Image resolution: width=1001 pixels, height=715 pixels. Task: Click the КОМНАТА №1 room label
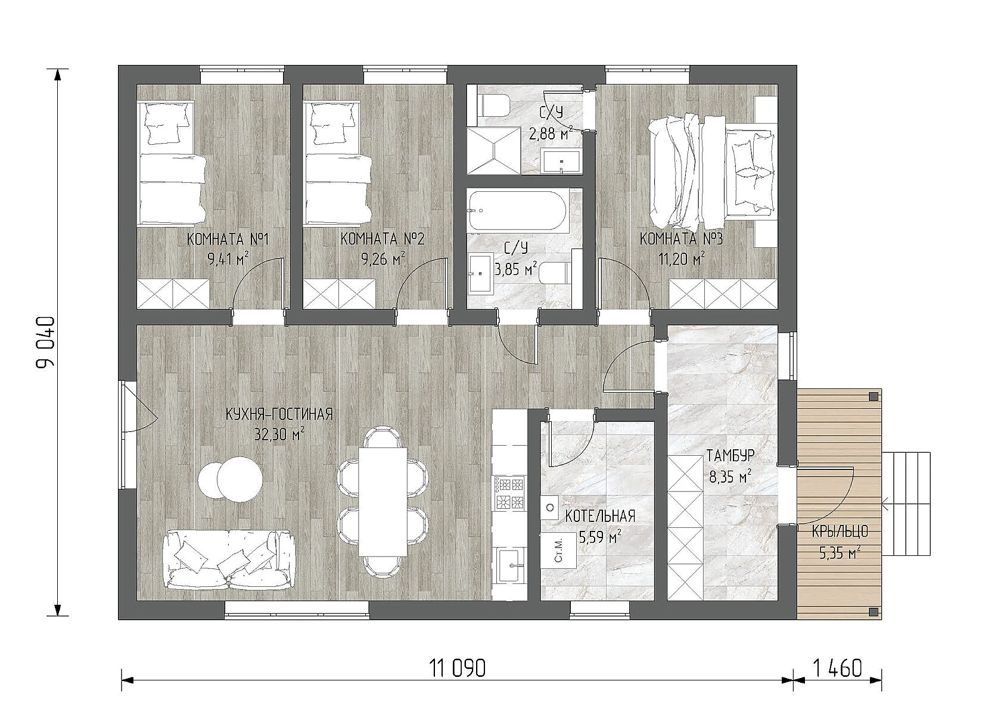[228, 240]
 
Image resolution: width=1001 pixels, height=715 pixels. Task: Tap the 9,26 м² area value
[383, 259]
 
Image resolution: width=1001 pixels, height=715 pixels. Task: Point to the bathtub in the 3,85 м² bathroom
[518, 212]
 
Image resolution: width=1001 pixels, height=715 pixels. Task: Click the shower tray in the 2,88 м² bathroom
[494, 151]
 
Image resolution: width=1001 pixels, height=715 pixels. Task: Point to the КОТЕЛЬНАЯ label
[599, 517]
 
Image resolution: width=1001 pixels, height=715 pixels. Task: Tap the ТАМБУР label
[730, 456]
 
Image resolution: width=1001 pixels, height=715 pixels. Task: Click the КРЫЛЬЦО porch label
[840, 531]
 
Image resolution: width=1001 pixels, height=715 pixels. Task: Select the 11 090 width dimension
[457, 668]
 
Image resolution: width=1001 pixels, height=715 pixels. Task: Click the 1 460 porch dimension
[837, 668]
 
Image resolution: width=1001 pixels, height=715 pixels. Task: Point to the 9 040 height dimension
[45, 342]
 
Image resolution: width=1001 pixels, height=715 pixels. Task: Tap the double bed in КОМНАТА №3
[711, 170]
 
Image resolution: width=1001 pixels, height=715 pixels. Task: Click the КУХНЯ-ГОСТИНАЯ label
[279, 414]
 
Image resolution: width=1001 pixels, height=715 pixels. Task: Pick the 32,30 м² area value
[279, 434]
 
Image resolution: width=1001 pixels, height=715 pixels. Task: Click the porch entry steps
[907, 503]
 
